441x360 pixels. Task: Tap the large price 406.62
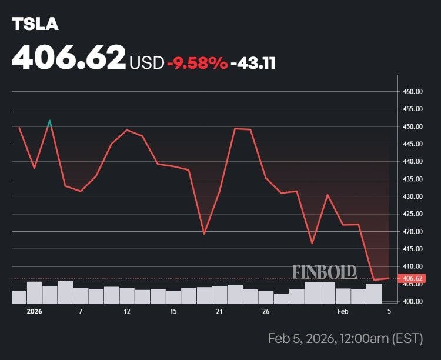[69, 57]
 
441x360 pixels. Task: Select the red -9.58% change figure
[197, 62]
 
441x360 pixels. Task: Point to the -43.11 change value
[253, 62]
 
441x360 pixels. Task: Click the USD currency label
[146, 62]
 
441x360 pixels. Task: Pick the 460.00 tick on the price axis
[413, 92]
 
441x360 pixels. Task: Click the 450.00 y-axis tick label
[413, 126]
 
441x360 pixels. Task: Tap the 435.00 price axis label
[413, 179]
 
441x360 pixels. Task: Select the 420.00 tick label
[413, 231]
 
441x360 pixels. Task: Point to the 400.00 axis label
[413, 301]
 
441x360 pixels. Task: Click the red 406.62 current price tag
[412, 278]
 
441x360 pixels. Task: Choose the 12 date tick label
[126, 311]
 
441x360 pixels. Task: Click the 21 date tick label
[219, 311]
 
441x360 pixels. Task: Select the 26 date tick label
[266, 311]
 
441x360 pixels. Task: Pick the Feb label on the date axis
[343, 311]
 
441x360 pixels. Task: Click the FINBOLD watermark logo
[325, 272]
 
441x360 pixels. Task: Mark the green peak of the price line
[49, 122]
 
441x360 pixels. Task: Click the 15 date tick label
[173, 311]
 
